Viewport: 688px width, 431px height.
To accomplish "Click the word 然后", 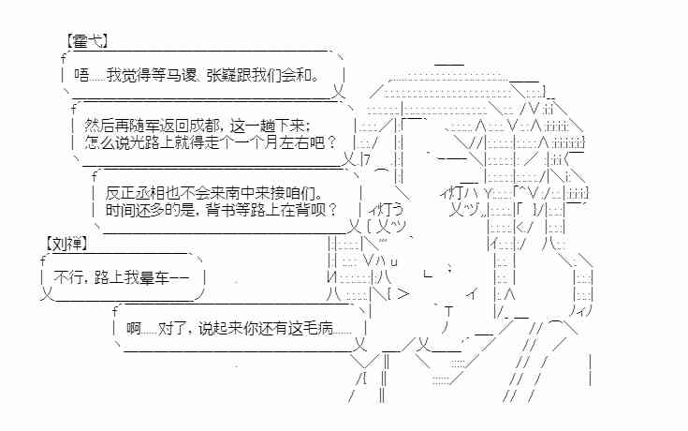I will pos(95,125).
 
